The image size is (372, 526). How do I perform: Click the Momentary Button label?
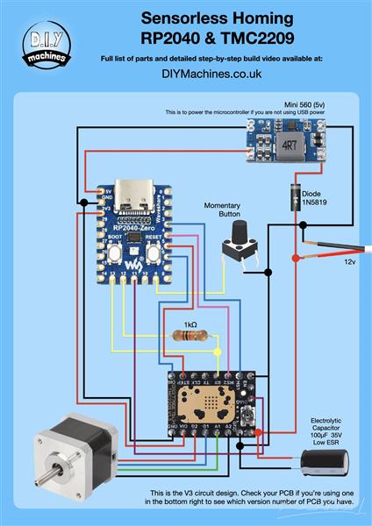click(x=223, y=210)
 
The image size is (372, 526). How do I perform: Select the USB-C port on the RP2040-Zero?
click(x=133, y=208)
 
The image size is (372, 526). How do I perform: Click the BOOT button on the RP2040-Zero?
click(x=113, y=253)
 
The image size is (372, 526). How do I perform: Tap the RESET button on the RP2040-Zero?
click(x=155, y=253)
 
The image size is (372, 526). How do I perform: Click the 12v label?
click(x=349, y=261)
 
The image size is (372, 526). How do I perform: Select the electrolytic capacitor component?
click(x=317, y=462)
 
